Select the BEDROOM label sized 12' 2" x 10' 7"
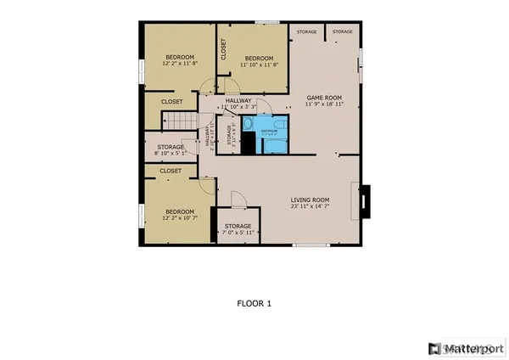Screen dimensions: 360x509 pos(179,214)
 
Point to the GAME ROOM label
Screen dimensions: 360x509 pos(322,100)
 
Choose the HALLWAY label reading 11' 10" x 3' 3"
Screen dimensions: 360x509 pos(238,104)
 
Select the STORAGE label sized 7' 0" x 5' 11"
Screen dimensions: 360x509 pos(238,229)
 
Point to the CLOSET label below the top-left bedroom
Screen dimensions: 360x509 pos(172,102)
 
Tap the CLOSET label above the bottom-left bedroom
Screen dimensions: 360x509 pos(171,171)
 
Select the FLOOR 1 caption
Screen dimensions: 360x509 pos(254,301)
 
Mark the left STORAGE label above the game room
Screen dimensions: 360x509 pos(306,32)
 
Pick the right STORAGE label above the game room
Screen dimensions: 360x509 pos(342,32)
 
